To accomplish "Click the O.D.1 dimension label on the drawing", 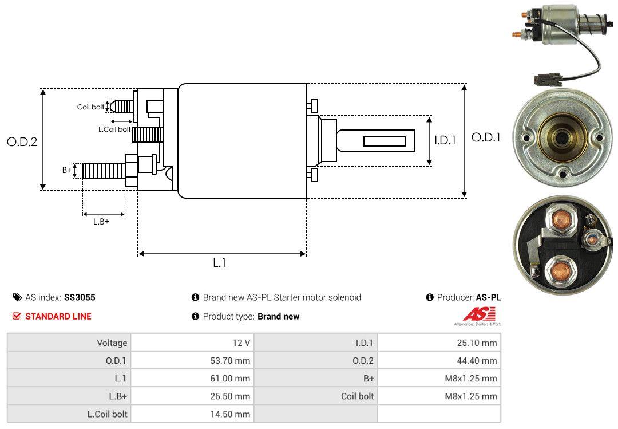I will click(486, 137).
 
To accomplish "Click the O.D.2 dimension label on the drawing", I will click(22, 142).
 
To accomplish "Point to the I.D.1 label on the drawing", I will click(445, 140).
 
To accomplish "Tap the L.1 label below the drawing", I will click(220, 263).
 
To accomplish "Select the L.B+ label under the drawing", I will click(101, 222).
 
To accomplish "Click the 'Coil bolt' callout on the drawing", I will click(90, 107).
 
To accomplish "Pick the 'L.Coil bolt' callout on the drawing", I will click(114, 129).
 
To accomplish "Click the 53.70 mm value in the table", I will click(231, 361).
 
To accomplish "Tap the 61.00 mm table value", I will click(231, 379).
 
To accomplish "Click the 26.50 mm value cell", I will click(231, 396).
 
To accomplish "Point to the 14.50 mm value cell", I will click(231, 414).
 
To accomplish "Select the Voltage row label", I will click(112, 343).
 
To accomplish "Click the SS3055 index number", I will click(80, 297).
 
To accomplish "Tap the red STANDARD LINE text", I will click(58, 316).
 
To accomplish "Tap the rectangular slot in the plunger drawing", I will click(385, 141).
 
